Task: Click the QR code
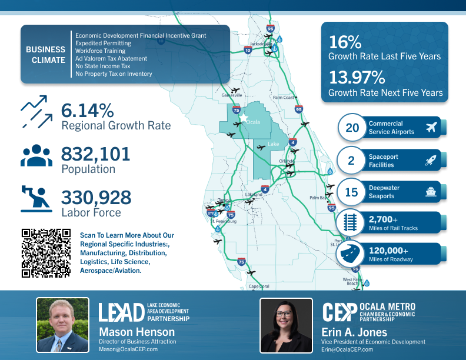coord(46,252)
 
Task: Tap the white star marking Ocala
coord(244,118)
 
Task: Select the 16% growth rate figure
coord(345,43)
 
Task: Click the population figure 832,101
coord(95,154)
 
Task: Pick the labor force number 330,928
coord(96,198)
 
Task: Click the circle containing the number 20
coord(352,128)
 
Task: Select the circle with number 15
coord(352,192)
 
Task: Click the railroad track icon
coord(352,223)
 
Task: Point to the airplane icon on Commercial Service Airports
coord(432,128)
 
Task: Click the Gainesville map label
coord(232,95)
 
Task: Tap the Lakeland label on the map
coord(254,194)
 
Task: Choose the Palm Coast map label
coord(283,98)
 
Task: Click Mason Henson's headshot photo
coord(63,325)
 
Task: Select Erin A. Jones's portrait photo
coord(286,325)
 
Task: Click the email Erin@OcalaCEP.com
coord(347,349)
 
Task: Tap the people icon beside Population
coord(36,154)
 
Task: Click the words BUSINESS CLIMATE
coord(45,55)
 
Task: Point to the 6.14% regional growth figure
coord(87,111)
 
